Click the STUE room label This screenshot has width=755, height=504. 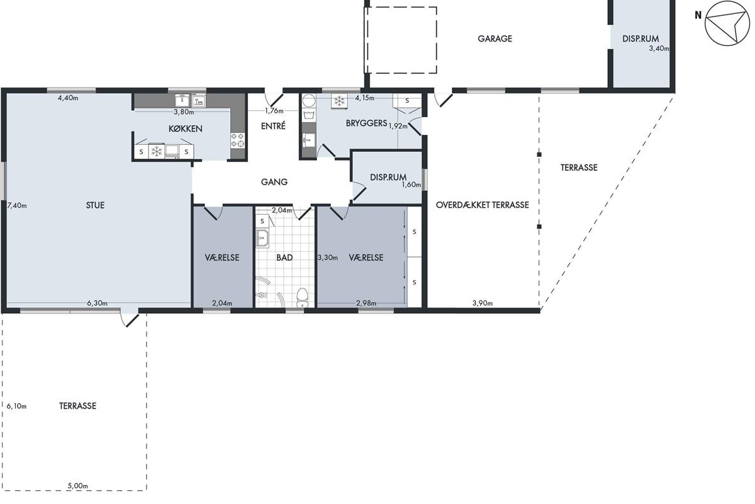pos(95,205)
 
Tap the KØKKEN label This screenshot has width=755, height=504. pos(186,129)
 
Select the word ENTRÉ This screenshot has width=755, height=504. pos(273,126)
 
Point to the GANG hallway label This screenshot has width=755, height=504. pos(274,182)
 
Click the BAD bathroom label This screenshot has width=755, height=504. pos(284,258)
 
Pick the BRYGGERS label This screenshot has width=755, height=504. pos(366,123)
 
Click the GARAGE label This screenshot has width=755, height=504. pos(495,38)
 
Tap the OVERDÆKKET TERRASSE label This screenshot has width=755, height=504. pos(483,205)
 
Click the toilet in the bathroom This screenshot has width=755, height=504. pos(302,297)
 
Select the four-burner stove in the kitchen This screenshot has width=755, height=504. pos(238,140)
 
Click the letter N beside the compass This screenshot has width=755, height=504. pos(698,15)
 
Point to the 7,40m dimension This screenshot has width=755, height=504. pos(17,205)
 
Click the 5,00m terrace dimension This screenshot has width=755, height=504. pos(78,486)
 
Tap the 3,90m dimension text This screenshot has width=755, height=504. pos(483,303)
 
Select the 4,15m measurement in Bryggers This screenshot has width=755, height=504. pos(365,98)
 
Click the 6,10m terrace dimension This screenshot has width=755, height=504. pos(16,406)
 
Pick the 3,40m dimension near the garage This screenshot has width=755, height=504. pos(659,49)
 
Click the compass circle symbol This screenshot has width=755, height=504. pos(727,23)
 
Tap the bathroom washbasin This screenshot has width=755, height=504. pos(262,238)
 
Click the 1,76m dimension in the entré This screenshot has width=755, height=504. pos(274,111)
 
